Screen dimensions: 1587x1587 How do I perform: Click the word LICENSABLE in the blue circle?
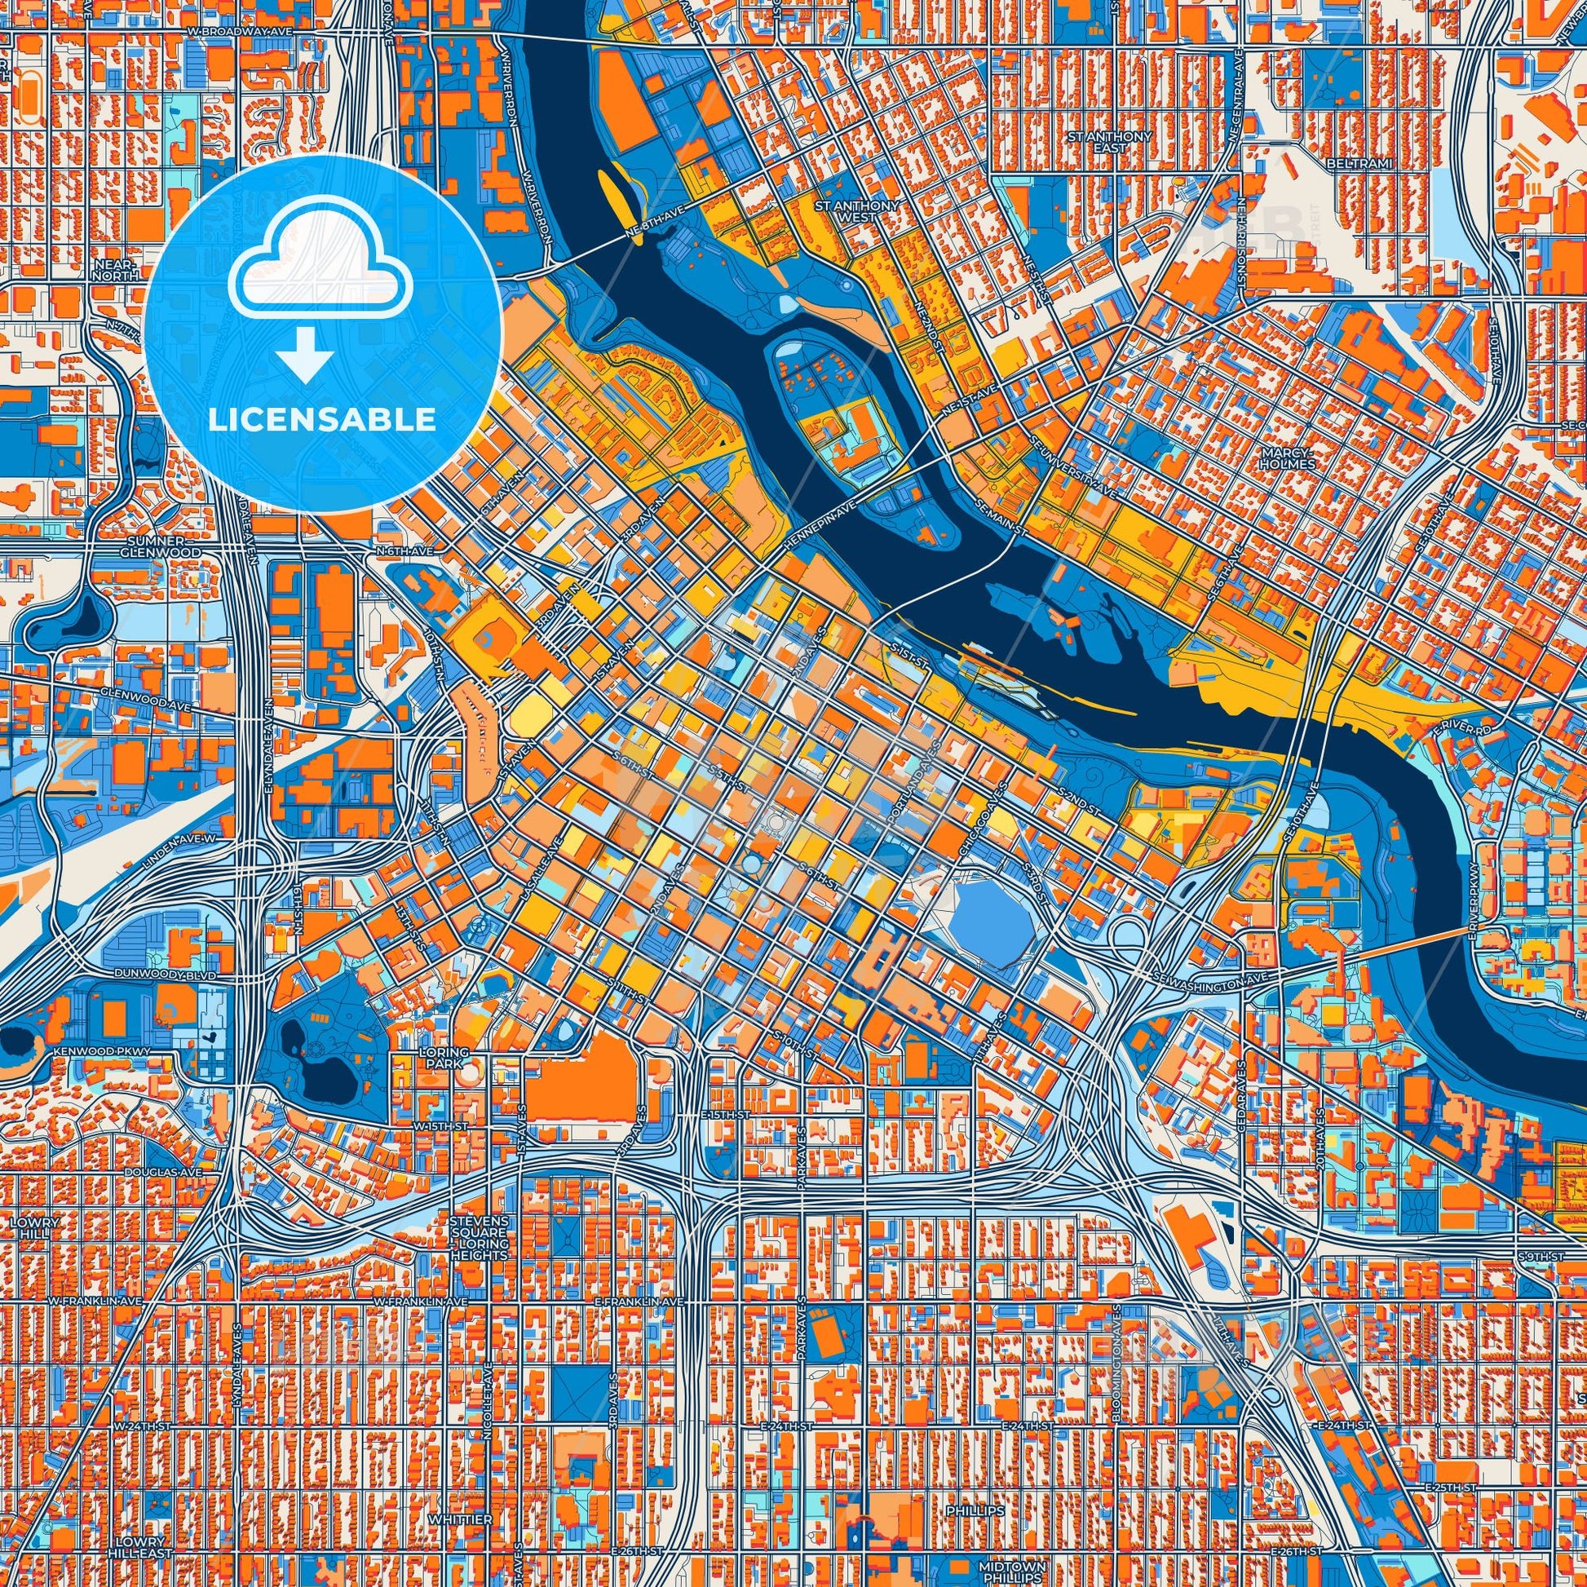(321, 420)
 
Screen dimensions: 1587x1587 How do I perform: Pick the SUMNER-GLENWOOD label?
(164, 547)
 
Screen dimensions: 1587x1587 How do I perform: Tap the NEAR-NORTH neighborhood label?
(113, 270)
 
